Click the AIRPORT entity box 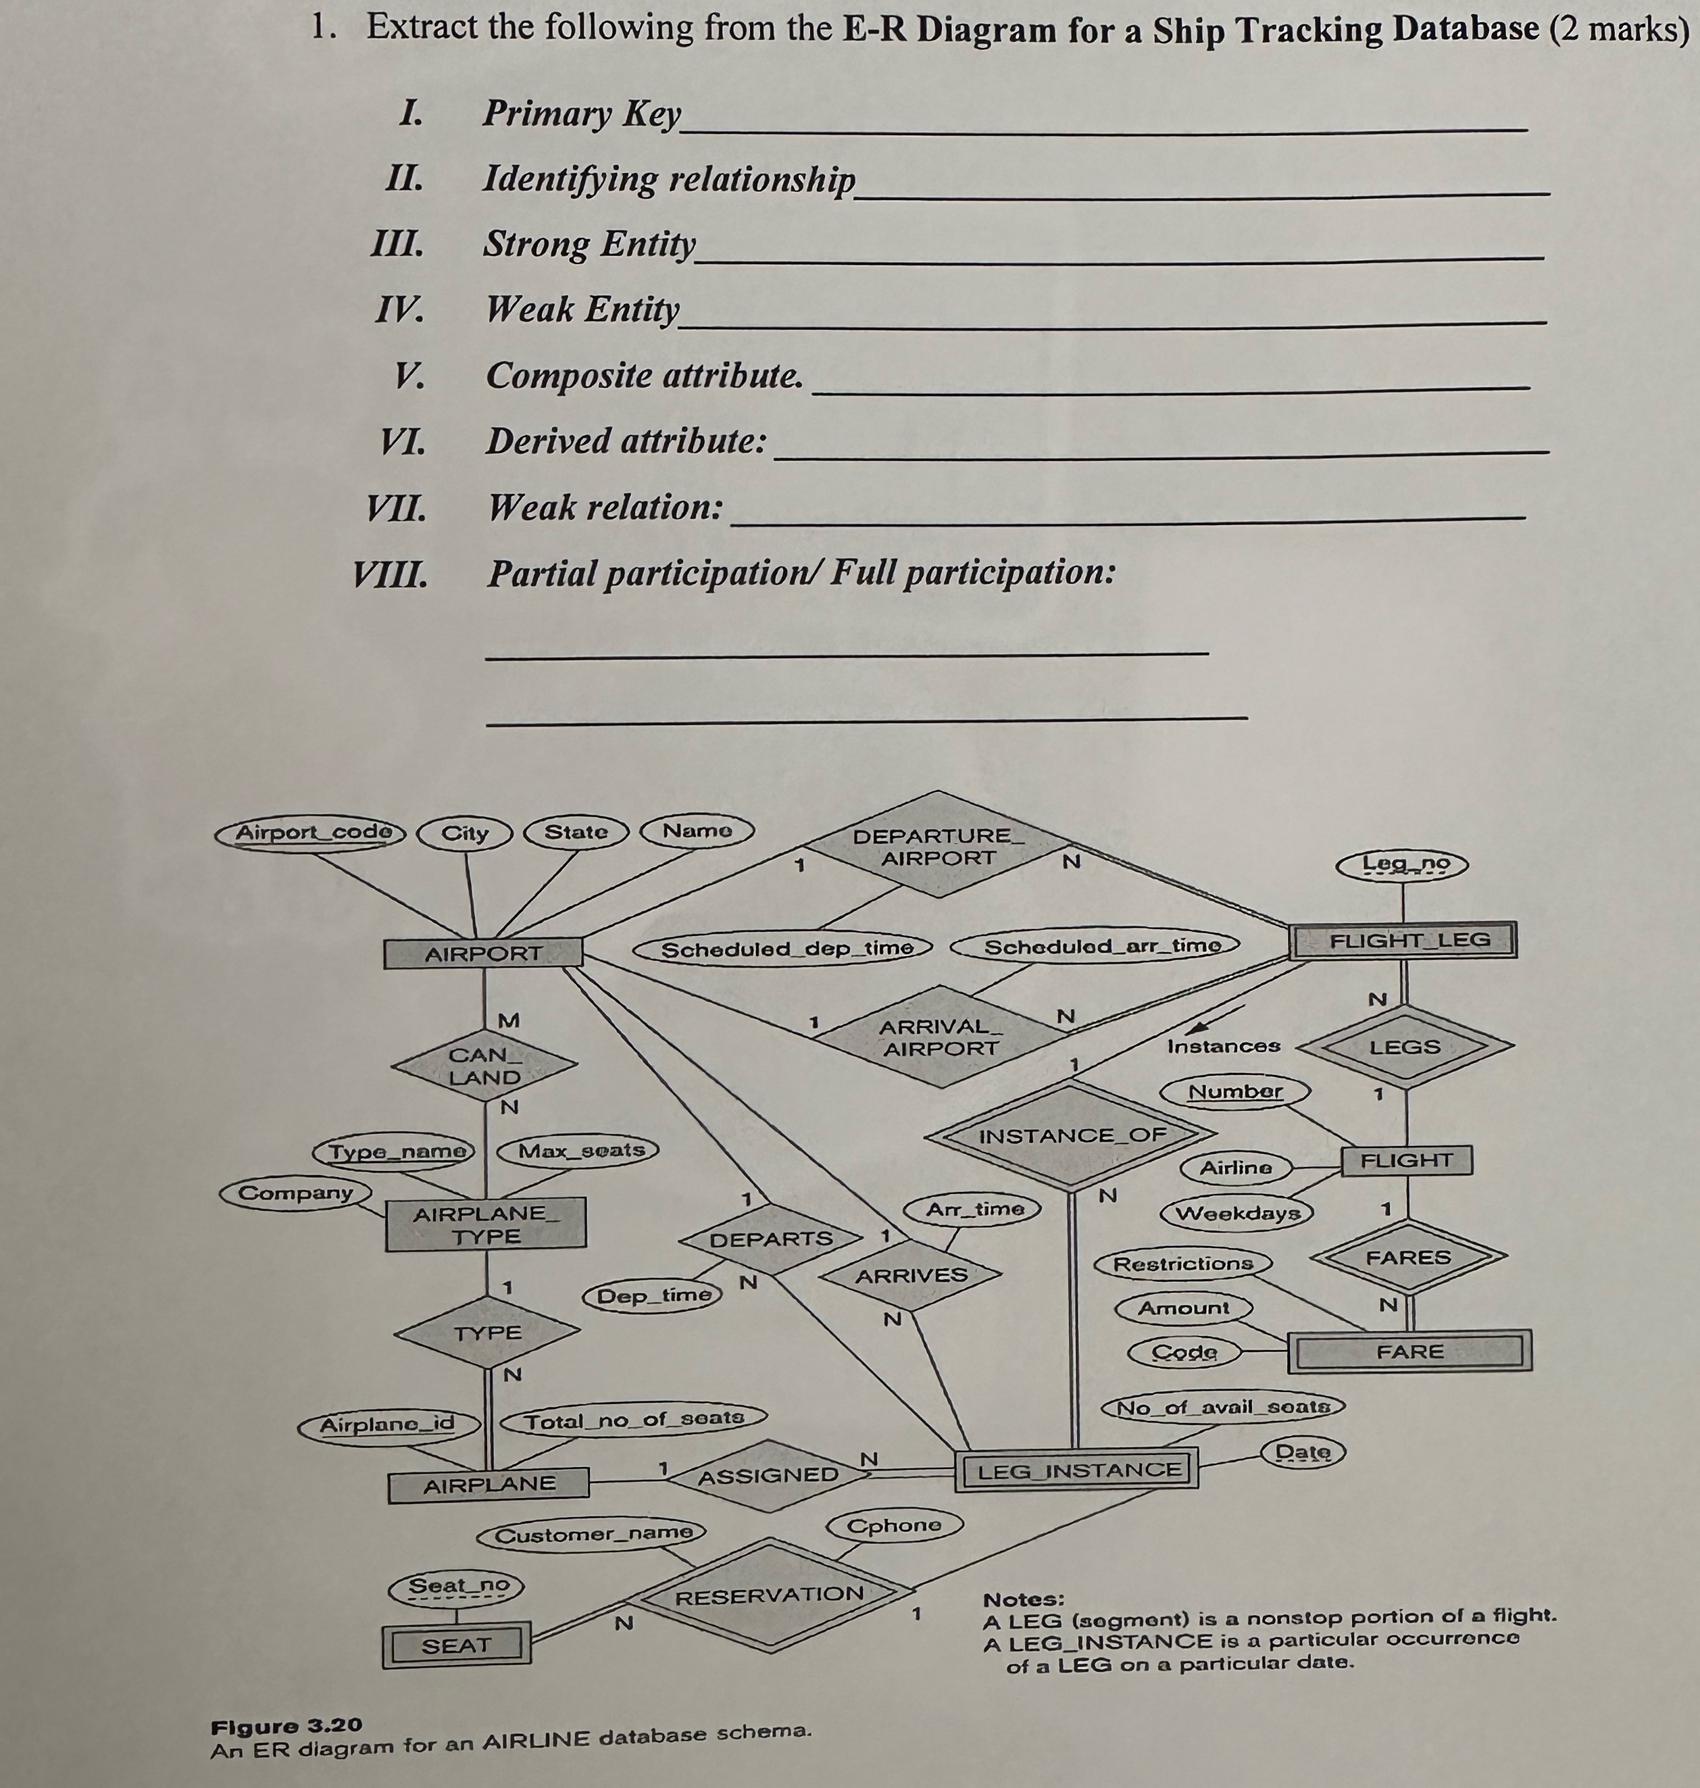tap(483, 953)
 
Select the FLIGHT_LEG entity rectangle tap(1403, 940)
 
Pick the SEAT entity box tap(456, 1645)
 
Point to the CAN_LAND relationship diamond tap(485, 1066)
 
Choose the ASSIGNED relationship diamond tap(768, 1475)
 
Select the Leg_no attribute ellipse tap(1402, 864)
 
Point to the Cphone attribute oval tap(893, 1526)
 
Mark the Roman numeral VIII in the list tap(391, 574)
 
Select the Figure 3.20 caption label tap(286, 1725)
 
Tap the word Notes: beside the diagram tap(1024, 1599)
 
